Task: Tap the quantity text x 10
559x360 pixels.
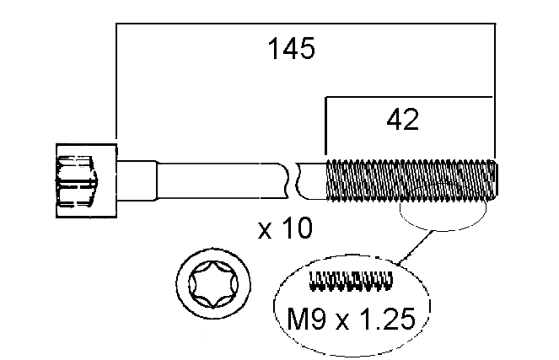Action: coord(284,228)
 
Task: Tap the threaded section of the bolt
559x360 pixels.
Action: coord(409,180)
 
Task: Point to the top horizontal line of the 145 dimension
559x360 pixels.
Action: coord(304,26)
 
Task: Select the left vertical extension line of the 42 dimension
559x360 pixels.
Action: coord(326,126)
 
